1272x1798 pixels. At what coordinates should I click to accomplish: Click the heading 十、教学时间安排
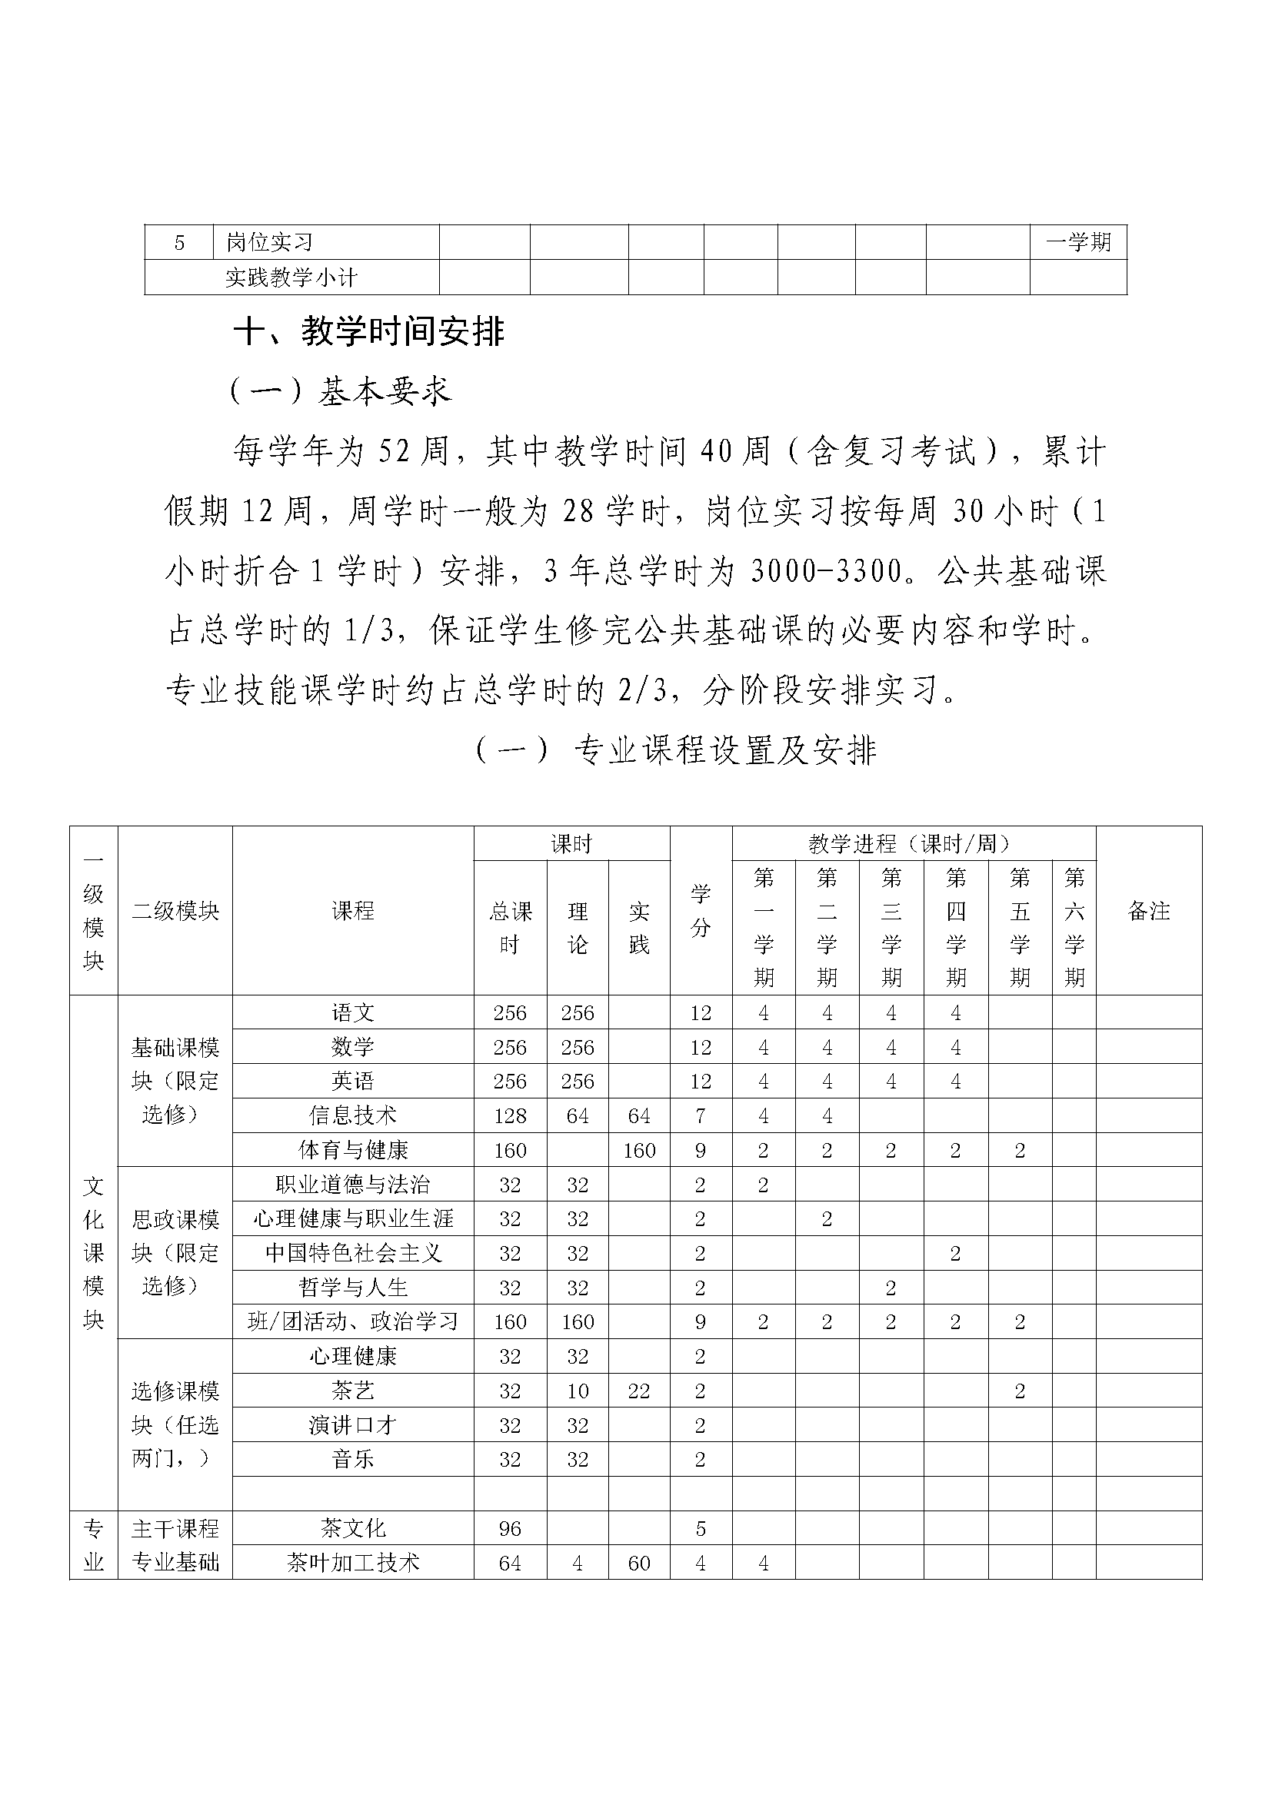[369, 332]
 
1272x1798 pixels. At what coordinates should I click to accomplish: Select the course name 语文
[352, 1012]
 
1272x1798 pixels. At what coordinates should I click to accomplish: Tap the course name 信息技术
[352, 1115]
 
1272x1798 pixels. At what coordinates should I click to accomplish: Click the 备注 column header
[1148, 911]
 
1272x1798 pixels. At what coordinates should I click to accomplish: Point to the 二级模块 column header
[175, 911]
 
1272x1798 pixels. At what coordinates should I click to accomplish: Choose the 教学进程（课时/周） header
[914, 843]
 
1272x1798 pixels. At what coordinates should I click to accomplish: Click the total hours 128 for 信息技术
[510, 1115]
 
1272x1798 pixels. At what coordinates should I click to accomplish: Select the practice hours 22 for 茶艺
[639, 1391]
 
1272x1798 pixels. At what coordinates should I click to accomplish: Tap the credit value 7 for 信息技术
[701, 1115]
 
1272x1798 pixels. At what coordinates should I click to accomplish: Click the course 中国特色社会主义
[352, 1253]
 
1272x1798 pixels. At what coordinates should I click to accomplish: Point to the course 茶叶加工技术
[352, 1563]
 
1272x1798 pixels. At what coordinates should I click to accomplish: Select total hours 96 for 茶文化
[510, 1529]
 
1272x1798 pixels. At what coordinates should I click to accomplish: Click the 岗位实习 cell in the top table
[269, 243]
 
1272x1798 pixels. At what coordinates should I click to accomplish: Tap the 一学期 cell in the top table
[1077, 242]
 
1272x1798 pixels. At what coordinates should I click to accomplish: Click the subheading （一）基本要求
[341, 391]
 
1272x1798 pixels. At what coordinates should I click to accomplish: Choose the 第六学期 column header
[1074, 928]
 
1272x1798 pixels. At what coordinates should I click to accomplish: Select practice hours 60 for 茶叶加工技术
[639, 1563]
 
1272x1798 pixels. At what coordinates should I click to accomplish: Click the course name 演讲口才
[352, 1425]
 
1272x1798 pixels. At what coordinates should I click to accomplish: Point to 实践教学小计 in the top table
[291, 278]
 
